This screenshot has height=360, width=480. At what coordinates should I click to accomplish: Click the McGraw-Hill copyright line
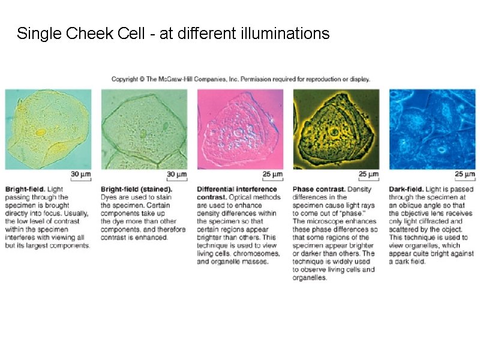[241, 79]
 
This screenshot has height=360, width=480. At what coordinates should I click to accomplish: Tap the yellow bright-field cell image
[48, 129]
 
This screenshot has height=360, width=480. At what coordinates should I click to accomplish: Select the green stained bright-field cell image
[144, 129]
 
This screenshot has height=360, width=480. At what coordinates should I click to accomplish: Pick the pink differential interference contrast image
[240, 129]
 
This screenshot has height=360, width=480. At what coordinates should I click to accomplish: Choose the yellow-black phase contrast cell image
[336, 129]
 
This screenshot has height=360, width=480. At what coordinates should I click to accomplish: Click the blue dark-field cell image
[432, 129]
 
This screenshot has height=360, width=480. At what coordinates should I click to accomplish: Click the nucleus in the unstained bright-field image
[41, 132]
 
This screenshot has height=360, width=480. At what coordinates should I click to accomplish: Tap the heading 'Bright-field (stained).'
[136, 190]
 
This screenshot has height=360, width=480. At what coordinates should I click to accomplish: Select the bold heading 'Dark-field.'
[406, 190]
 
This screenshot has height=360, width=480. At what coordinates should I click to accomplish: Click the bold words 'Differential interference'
[237, 190]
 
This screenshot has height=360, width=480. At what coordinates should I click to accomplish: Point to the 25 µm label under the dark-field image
[464, 175]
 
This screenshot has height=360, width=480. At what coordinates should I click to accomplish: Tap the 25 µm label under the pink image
[272, 175]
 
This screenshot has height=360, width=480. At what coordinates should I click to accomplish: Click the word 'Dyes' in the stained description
[110, 197]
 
